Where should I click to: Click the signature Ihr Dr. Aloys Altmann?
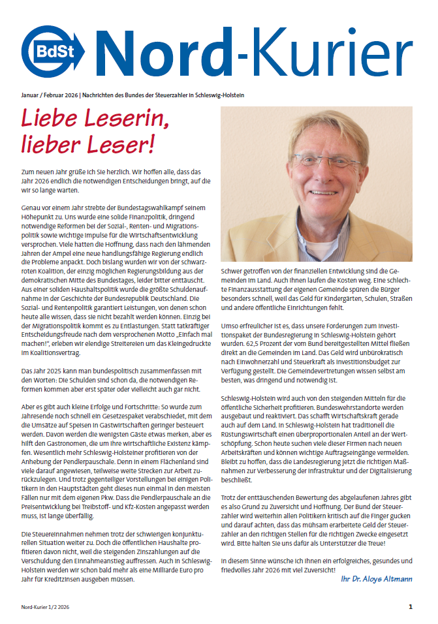click(x=377, y=578)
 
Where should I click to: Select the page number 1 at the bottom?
click(x=411, y=607)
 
